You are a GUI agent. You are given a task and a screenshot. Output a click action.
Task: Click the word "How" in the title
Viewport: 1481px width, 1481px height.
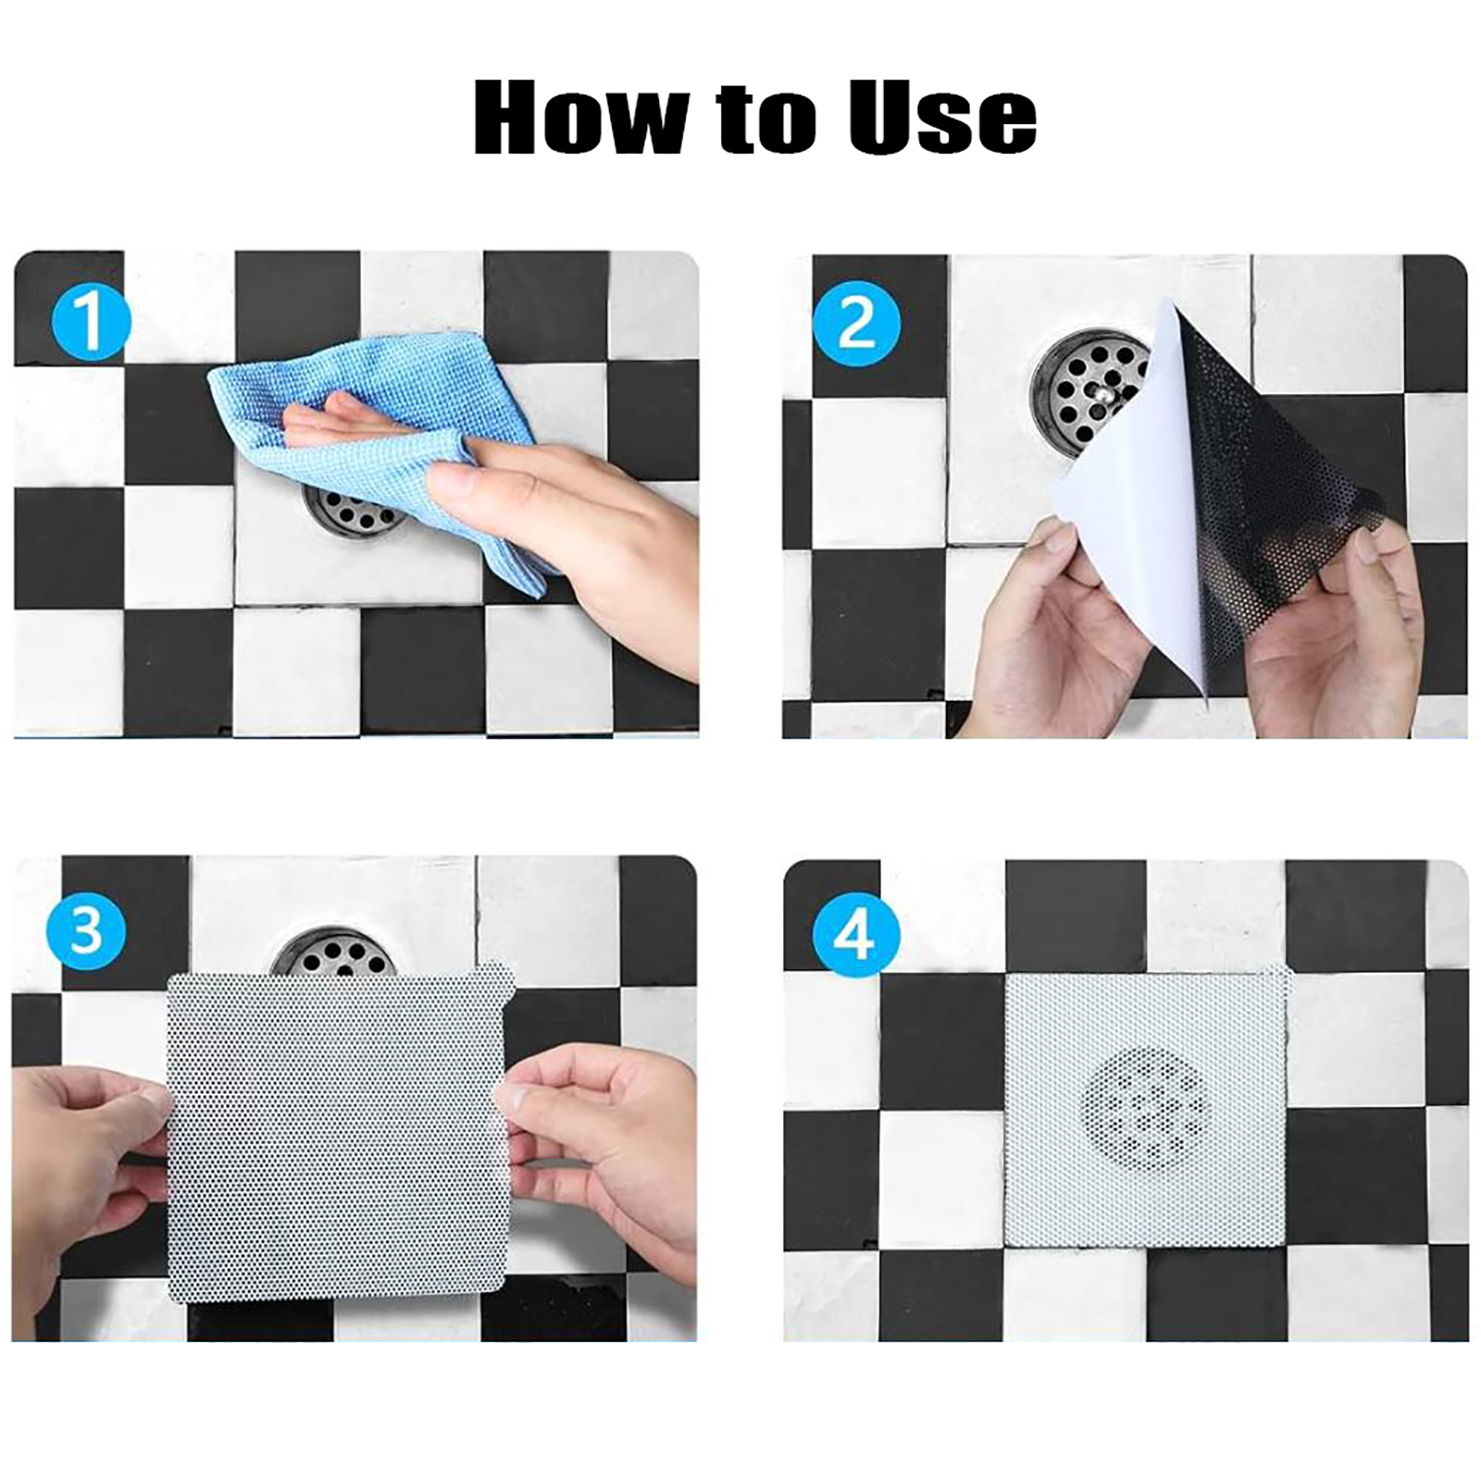[x=581, y=117]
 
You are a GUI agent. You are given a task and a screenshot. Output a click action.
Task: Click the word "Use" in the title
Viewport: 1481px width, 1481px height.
[x=943, y=117]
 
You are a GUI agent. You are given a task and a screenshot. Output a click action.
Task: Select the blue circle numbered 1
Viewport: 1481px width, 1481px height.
[x=89, y=320]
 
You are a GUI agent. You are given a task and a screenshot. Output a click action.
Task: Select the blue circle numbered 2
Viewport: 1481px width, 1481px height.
[x=856, y=324]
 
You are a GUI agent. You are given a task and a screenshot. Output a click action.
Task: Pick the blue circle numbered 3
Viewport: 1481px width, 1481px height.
[x=85, y=929]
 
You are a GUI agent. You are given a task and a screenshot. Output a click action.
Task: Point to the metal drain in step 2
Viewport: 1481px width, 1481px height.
[x=1092, y=393]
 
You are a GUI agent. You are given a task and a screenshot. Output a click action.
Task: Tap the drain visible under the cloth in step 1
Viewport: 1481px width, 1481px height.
[x=356, y=511]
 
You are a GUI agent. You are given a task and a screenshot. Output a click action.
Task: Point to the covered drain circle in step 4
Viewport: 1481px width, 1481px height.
[x=1145, y=1109]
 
